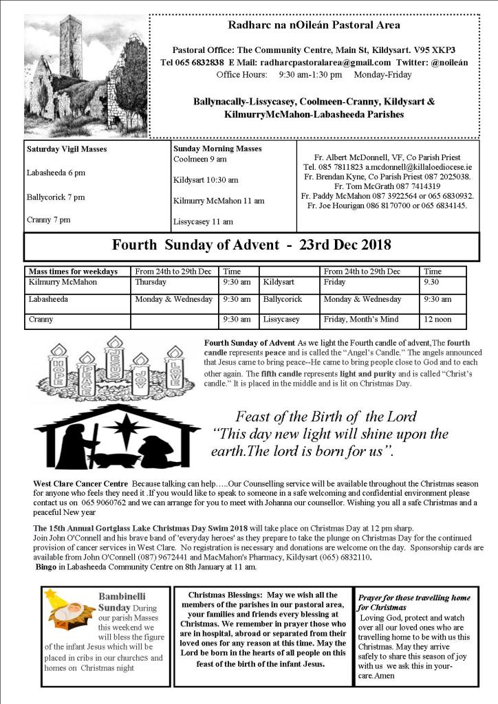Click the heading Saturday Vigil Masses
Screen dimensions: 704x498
(67, 148)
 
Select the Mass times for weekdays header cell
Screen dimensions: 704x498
(74, 272)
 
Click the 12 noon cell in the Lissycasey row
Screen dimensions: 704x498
(438, 320)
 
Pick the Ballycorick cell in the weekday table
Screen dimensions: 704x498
(282, 300)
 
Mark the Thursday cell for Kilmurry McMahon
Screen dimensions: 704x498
(151, 282)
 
